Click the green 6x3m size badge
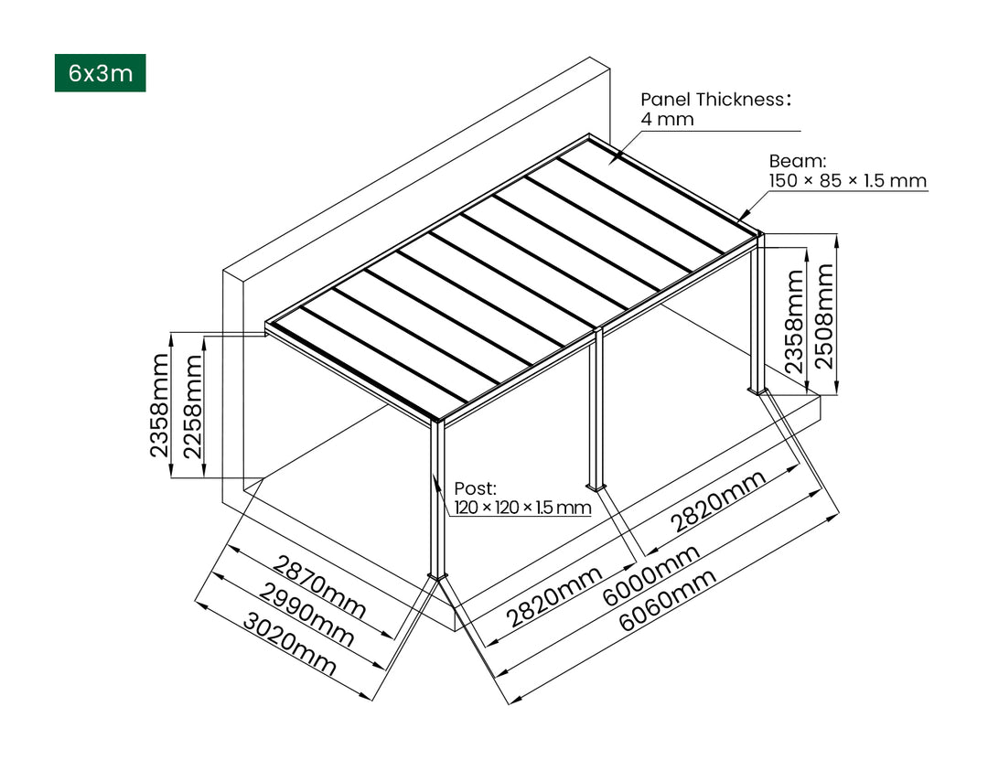100,73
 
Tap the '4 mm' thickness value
667,119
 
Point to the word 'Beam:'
790,161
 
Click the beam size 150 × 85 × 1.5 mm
847,180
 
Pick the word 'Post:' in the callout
475,488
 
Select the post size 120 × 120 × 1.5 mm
521,508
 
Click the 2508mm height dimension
824,315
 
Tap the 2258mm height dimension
193,406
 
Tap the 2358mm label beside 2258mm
160,406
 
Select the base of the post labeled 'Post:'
438,573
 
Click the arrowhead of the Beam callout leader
738,219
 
